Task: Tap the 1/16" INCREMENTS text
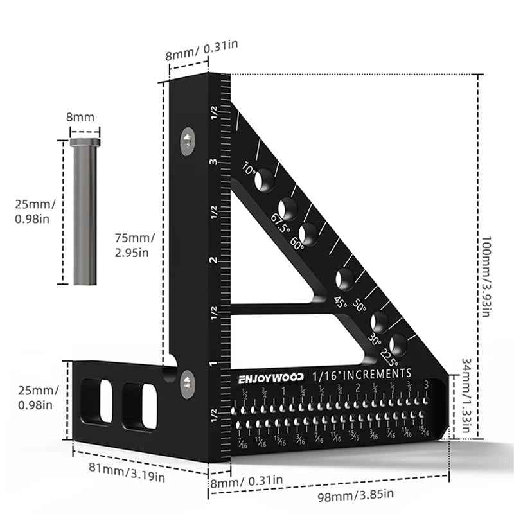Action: click(362, 373)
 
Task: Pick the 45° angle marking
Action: click(339, 302)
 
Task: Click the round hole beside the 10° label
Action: click(264, 182)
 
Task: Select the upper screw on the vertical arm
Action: click(186, 141)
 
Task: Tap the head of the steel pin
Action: click(85, 141)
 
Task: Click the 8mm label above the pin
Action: click(81, 118)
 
